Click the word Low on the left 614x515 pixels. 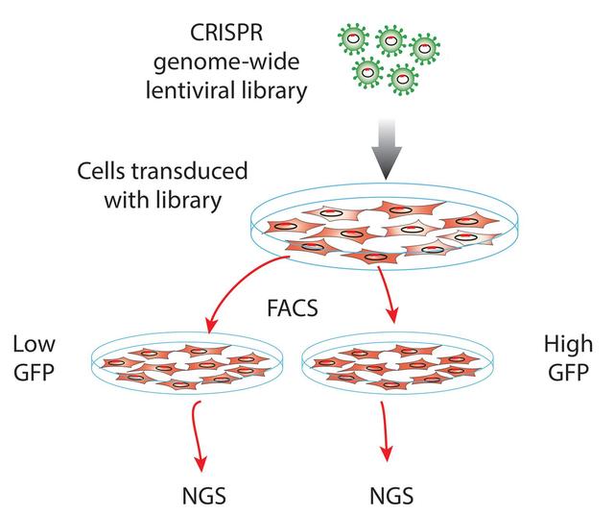click(x=33, y=344)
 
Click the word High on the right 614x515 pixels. click(x=566, y=344)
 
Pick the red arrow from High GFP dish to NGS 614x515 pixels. click(x=387, y=431)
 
